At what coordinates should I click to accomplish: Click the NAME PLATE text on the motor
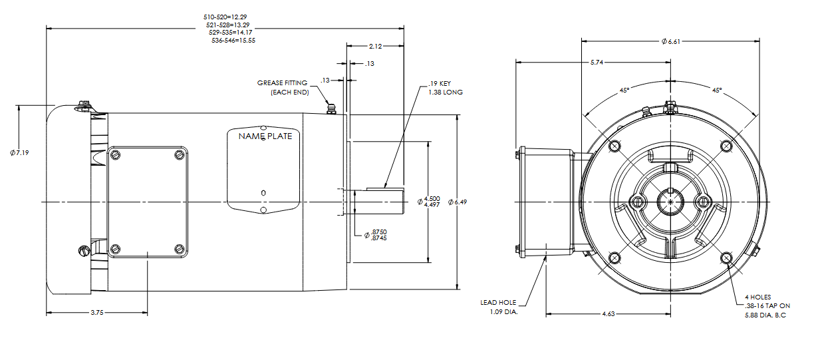coord(265,136)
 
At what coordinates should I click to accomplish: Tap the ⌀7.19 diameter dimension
coord(20,153)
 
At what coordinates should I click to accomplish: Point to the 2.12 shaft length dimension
coord(374,47)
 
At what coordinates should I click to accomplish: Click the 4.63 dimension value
coord(610,313)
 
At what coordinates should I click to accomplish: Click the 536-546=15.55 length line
coord(233,40)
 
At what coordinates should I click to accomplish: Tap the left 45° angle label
coord(624,90)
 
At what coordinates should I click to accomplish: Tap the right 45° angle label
coord(716,90)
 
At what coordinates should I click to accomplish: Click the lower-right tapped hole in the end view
coord(726,257)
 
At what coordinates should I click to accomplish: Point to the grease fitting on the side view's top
coord(331,108)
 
